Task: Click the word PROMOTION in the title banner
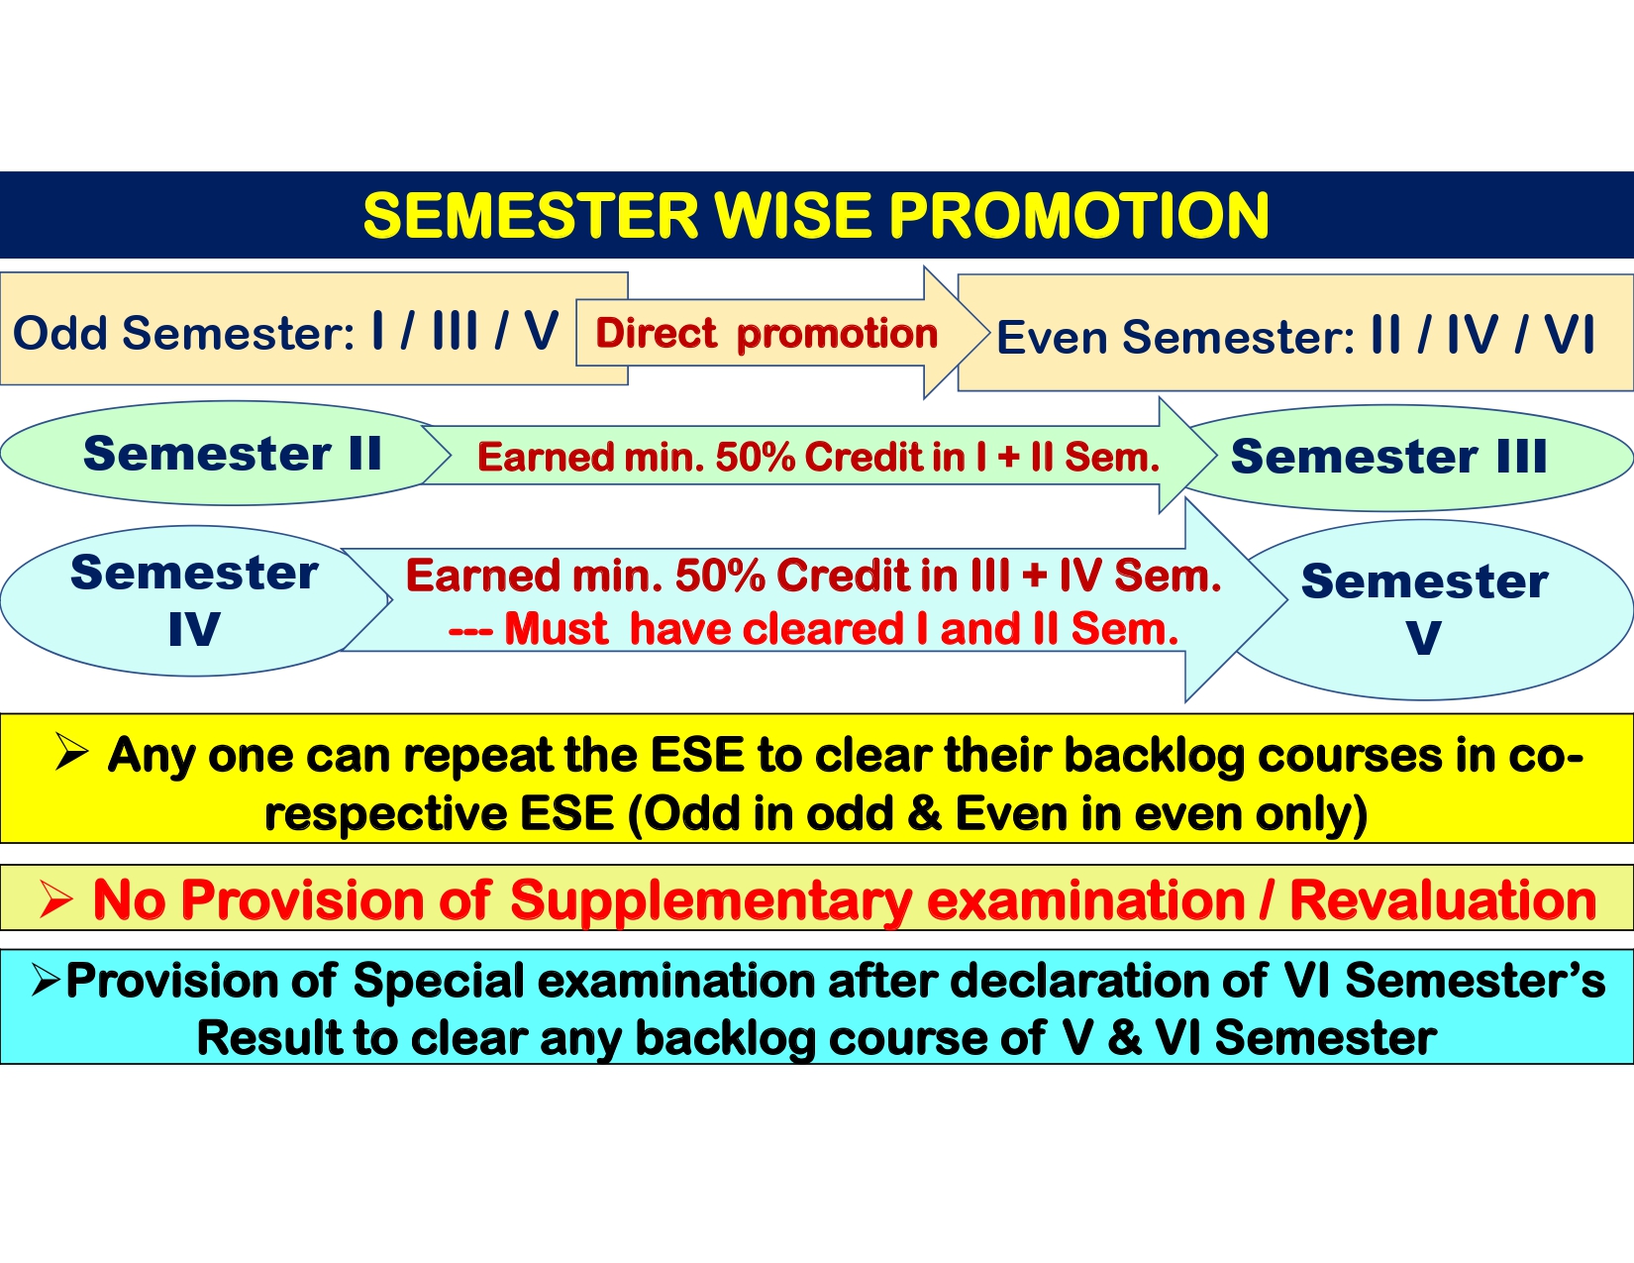1079,216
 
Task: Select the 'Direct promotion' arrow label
766,333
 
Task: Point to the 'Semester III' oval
1406,458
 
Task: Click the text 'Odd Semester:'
183,333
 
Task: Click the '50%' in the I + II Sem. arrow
755,457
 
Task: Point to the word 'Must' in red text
556,629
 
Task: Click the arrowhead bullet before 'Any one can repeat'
72,752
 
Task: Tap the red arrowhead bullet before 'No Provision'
56,899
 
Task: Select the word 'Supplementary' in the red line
711,901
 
